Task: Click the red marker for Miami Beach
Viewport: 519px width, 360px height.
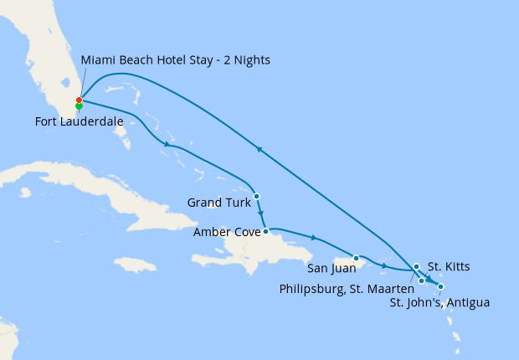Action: [x=79, y=100]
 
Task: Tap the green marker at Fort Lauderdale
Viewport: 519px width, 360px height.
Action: [x=79, y=107]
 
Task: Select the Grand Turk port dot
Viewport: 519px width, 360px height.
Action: [x=256, y=196]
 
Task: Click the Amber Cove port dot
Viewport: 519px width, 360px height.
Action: [x=265, y=231]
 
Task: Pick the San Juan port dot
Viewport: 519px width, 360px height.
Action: [x=357, y=258]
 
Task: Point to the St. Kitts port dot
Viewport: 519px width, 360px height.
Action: [x=416, y=267]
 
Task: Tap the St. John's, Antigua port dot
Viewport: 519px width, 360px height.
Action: [x=441, y=287]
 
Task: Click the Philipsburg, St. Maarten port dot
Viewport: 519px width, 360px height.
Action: [x=422, y=280]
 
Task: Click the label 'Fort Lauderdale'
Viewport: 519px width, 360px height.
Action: [x=80, y=122]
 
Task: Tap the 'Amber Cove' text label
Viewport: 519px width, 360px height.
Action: [x=226, y=232]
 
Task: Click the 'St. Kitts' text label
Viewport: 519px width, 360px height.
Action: [x=449, y=267]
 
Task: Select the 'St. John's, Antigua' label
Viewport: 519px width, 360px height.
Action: [x=439, y=302]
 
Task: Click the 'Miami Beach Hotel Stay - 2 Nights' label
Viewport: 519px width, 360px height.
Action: [x=175, y=60]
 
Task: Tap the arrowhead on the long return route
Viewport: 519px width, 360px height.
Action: [x=260, y=150]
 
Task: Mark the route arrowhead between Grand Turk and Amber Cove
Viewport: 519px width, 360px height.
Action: [x=261, y=214]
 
